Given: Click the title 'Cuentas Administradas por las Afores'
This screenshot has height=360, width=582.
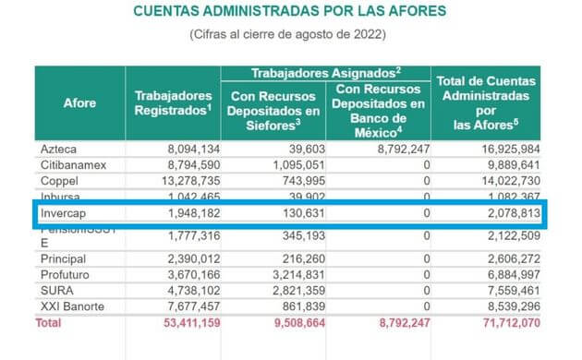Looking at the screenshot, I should [289, 12].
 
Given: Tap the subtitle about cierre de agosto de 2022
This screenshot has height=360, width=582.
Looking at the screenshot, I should [289, 35].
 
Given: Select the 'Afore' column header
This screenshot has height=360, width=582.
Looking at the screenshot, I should [79, 102].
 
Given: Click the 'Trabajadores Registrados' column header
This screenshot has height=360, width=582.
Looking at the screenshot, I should [174, 102].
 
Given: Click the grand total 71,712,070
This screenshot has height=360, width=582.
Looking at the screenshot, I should [503, 324].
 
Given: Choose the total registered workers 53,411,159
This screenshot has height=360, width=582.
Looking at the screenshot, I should [182, 324].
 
